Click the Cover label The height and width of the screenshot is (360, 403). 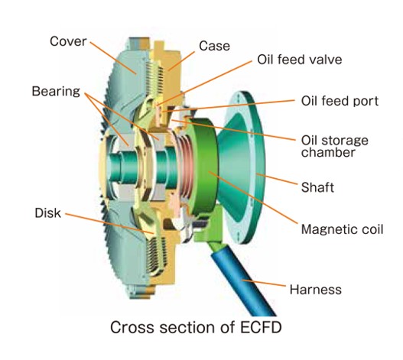68,41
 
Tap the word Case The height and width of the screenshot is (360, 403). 214,46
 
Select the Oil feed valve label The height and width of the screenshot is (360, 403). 300,60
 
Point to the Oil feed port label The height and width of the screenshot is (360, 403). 340,101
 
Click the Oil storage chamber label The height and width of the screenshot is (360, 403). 335,146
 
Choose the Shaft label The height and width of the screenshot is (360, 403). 317,187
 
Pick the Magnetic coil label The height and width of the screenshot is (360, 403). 342,229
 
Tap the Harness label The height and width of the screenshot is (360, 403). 316,290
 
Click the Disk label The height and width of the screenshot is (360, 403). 48,213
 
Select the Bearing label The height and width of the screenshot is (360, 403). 56,91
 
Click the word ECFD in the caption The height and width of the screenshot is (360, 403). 261,327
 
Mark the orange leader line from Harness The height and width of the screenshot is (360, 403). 264,283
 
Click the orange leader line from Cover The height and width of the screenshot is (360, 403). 113,57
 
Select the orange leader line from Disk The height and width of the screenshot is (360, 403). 109,223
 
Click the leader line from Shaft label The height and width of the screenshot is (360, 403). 277,179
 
